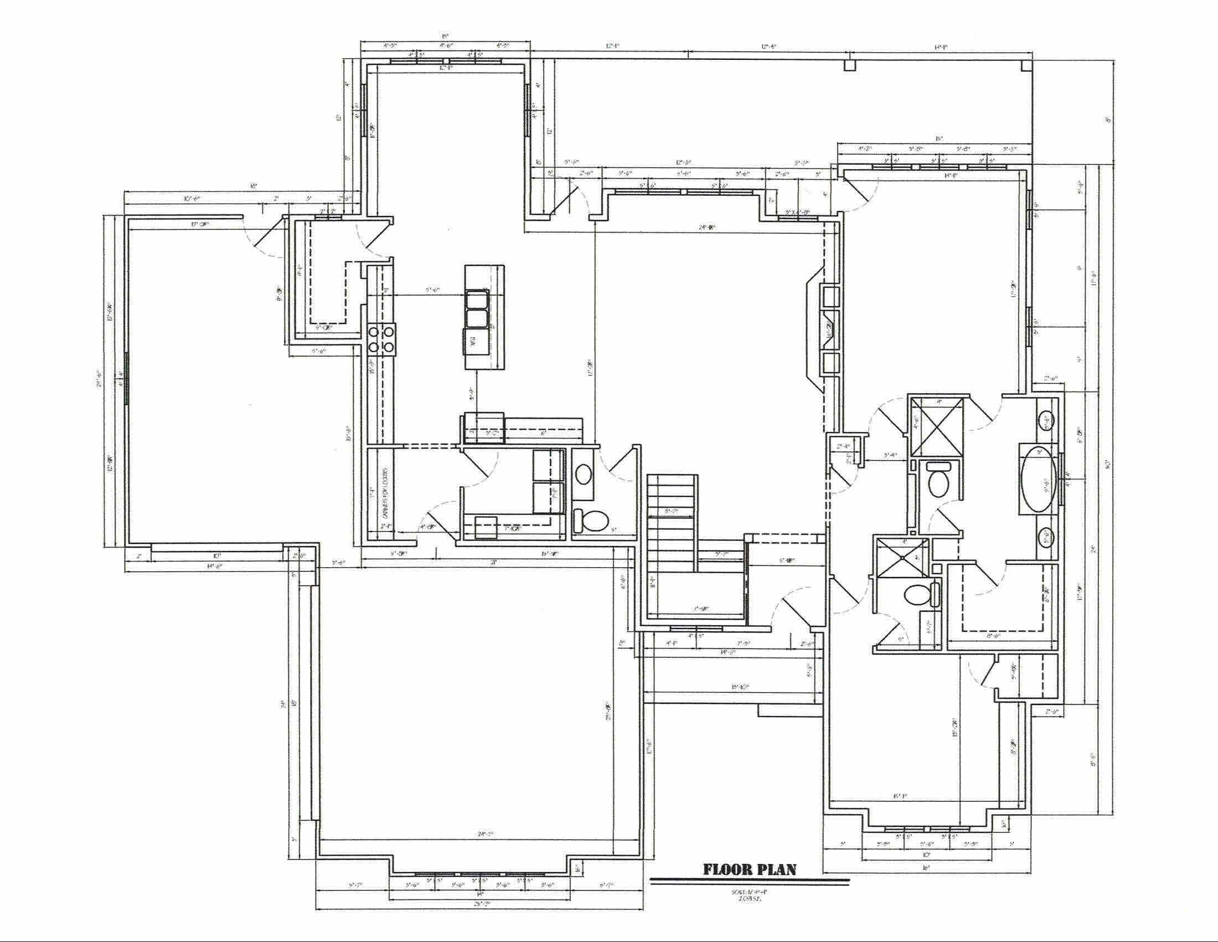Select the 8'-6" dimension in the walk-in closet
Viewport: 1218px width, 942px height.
[x=993, y=635]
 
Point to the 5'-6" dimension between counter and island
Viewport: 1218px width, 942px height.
[x=432, y=290]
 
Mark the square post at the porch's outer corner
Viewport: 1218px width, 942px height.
[x=1025, y=66]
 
